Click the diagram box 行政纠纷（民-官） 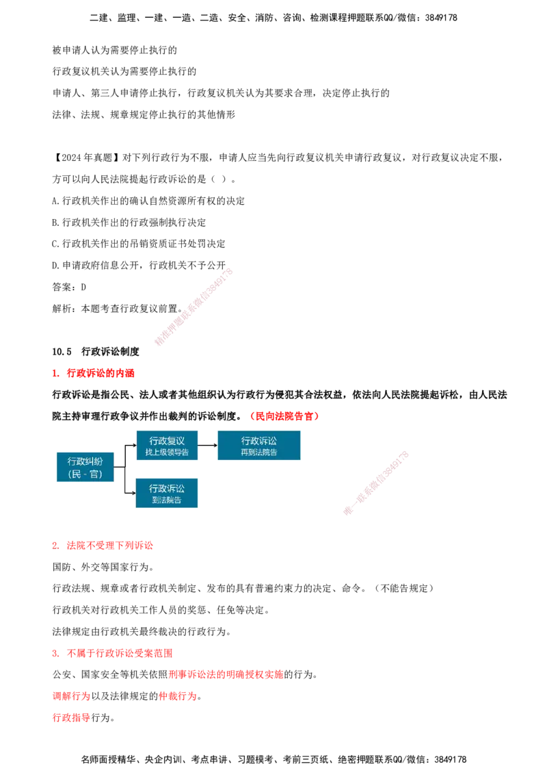point(85,467)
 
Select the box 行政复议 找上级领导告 point(167,445)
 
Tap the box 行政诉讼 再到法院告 point(258,445)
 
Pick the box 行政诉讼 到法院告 point(167,493)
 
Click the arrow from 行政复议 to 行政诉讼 point(207,445)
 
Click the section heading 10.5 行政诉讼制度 point(96,351)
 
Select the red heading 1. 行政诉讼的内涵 point(93,373)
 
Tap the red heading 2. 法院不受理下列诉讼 point(103,546)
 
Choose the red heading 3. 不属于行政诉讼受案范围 point(113,653)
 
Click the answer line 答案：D point(69,287)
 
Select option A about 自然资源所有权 point(148,201)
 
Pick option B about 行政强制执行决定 point(129,223)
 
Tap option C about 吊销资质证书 point(139,244)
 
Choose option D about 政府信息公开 point(139,266)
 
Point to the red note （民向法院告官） point(285,416)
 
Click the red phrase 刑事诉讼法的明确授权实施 point(226,674)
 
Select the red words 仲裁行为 point(178,696)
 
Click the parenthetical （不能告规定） point(403,589)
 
